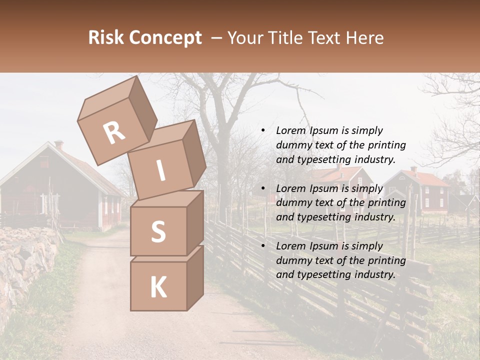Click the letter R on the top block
tap(114, 133)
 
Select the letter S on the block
tap(158, 232)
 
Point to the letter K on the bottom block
tap(158, 287)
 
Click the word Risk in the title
tap(106, 38)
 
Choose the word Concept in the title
tap(165, 38)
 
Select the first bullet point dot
tap(263, 131)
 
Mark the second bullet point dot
tap(263, 189)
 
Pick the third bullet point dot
tap(263, 246)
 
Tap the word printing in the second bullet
tap(386, 203)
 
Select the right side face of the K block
tap(195, 277)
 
